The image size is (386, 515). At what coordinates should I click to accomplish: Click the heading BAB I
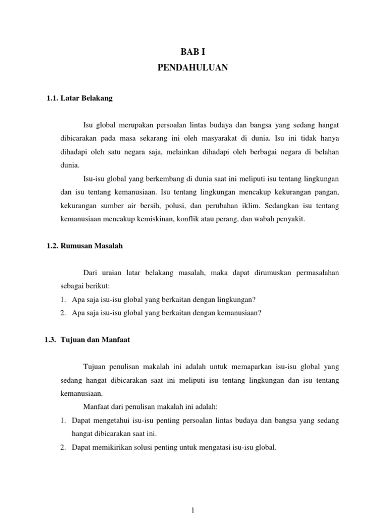(192, 51)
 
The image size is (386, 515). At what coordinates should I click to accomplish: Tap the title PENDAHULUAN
(192, 67)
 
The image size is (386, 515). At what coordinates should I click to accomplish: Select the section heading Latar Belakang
(86, 99)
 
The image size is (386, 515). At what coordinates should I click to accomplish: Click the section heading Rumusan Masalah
(91, 246)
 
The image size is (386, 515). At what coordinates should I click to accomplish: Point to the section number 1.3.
(50, 339)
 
